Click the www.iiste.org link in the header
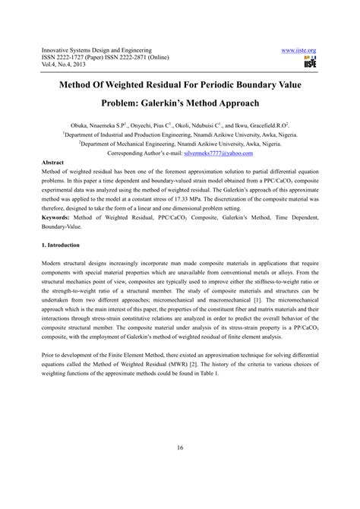298,50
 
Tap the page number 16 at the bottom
180,447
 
